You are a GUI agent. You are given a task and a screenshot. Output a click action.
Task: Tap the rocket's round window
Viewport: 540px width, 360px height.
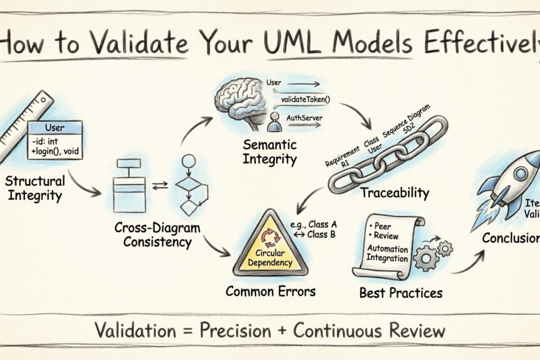click(x=522, y=173)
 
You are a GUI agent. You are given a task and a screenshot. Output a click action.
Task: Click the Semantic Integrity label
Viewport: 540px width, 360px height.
click(x=270, y=152)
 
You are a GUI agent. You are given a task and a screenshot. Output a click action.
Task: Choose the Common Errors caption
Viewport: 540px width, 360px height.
click(x=270, y=291)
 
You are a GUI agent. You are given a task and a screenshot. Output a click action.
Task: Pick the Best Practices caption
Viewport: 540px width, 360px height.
click(x=400, y=293)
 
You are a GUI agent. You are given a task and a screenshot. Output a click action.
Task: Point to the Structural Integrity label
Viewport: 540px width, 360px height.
click(x=35, y=189)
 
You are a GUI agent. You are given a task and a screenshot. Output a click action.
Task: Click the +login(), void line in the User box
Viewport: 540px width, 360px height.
click(x=55, y=152)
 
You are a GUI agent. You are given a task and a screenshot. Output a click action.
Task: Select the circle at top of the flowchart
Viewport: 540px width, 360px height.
click(x=189, y=161)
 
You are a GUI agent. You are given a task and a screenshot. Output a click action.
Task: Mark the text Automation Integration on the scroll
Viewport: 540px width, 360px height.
click(x=387, y=253)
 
